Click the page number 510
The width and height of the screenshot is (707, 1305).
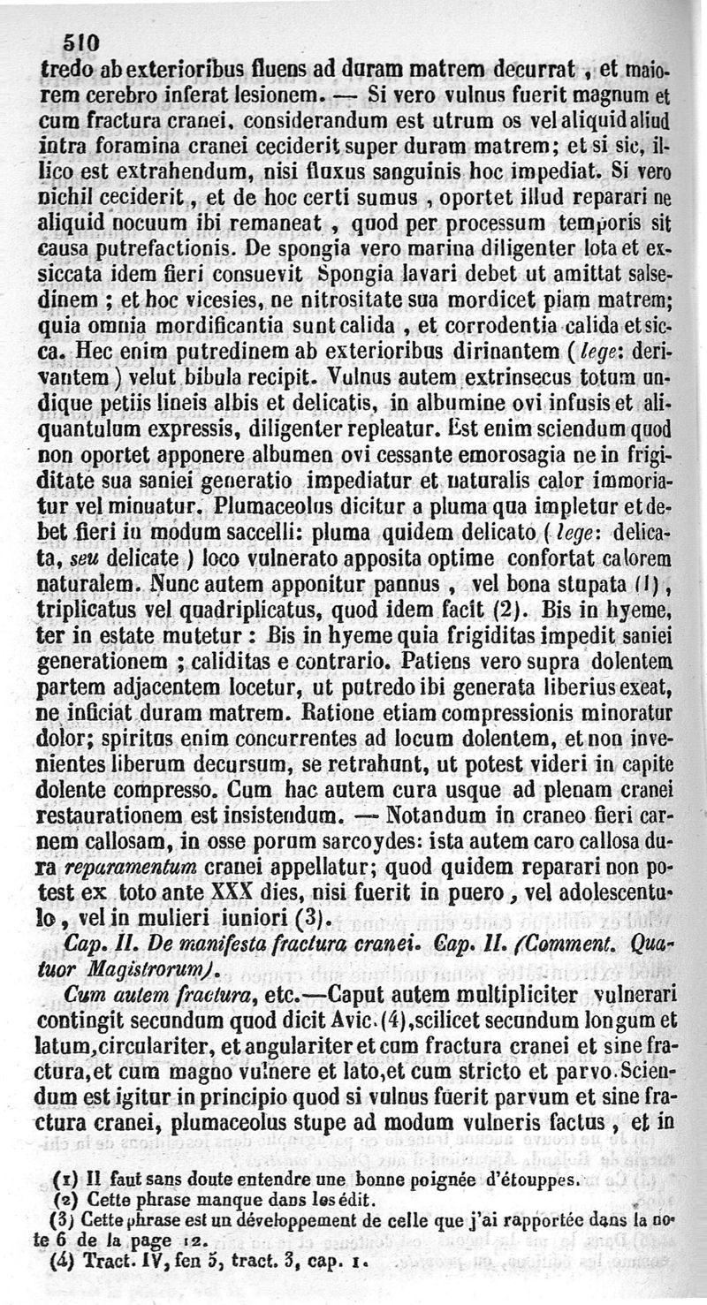pos(81,42)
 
